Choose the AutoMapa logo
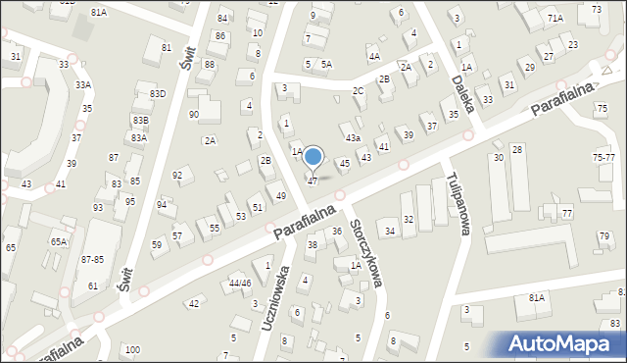click(563, 343)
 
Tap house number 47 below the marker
click(313, 181)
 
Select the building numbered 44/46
click(240, 283)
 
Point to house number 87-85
click(93, 259)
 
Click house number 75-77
click(604, 157)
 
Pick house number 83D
click(158, 94)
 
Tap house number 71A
click(555, 19)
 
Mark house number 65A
click(59, 240)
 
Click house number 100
click(132, 349)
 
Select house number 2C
click(359, 91)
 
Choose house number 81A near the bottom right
click(536, 297)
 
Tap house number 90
click(194, 115)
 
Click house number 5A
click(326, 64)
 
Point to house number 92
click(177, 176)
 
